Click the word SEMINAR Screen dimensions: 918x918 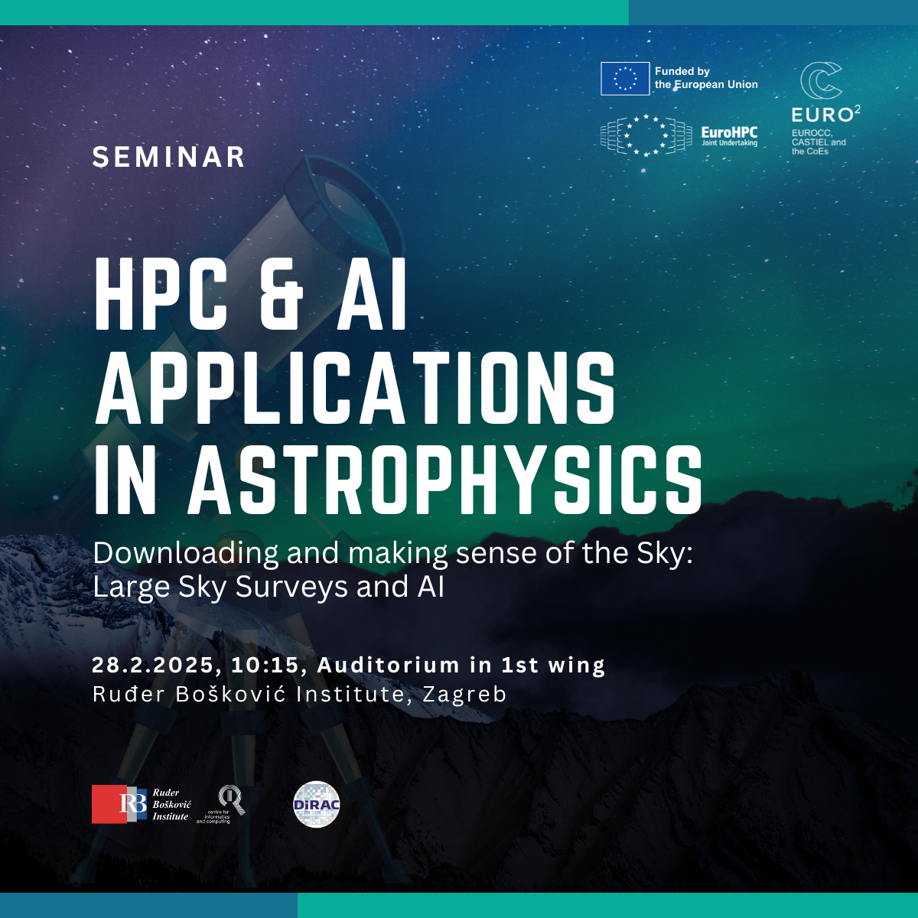[x=168, y=158]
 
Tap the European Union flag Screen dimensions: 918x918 [x=624, y=79]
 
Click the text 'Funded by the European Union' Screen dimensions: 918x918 [x=706, y=78]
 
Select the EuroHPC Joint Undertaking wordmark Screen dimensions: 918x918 [x=729, y=136]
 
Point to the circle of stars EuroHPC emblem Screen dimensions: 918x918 [x=646, y=135]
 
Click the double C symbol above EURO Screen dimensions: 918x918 [x=821, y=80]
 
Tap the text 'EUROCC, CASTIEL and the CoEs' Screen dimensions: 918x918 [x=819, y=142]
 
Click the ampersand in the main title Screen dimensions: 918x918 [x=281, y=295]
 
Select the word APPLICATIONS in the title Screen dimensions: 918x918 [x=355, y=389]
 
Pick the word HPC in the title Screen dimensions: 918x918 [x=161, y=295]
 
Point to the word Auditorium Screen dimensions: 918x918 [x=389, y=665]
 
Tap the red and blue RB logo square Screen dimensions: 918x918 [x=119, y=804]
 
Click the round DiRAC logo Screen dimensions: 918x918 [x=316, y=804]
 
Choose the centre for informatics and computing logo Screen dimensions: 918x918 [x=221, y=805]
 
